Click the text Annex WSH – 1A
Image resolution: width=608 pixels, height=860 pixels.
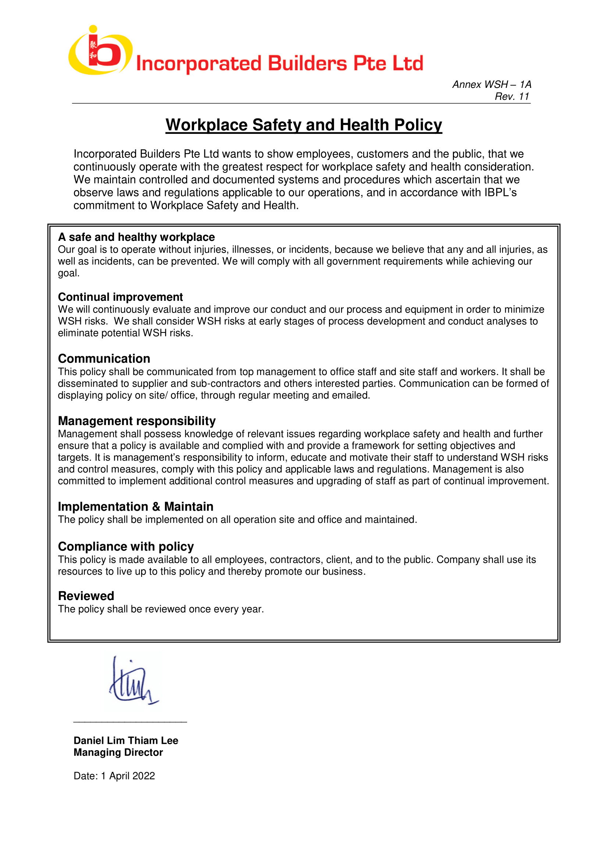(491, 85)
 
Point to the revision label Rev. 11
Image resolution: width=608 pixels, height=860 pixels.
(512, 97)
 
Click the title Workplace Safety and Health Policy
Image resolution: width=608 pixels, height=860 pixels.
(304, 125)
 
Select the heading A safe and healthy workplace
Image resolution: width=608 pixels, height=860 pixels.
(136, 237)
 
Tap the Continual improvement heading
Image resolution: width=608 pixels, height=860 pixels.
(120, 297)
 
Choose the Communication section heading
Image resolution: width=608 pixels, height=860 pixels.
(104, 358)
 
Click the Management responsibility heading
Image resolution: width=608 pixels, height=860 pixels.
(137, 421)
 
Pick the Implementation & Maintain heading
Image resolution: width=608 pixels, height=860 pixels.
(136, 506)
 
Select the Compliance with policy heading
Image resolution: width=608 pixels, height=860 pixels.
(126, 546)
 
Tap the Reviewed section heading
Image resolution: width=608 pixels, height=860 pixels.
(86, 596)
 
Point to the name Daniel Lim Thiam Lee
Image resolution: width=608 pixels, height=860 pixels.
(126, 741)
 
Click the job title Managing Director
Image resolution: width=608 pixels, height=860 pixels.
(118, 753)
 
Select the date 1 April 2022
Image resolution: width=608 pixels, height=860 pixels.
(128, 776)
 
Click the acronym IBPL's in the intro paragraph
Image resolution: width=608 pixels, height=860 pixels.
(500, 193)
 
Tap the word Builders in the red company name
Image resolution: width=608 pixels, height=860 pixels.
(307, 63)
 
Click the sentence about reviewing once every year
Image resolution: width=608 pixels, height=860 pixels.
(161, 609)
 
